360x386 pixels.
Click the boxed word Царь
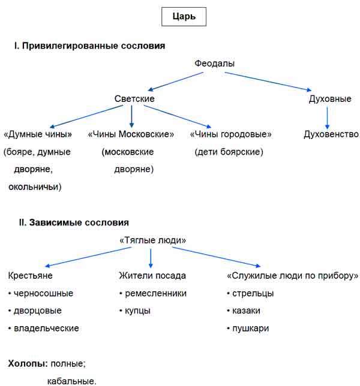coord(184,17)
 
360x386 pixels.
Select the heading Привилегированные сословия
coord(94,46)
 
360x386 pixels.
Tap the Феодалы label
coord(214,64)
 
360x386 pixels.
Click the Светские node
coord(134,99)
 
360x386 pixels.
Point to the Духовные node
coord(330,99)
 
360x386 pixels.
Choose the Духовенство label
coord(331,134)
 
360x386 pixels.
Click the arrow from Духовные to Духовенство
coord(327,117)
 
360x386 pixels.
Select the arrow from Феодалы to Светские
coord(176,82)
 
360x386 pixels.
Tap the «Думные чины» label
coord(38,134)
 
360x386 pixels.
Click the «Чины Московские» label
coord(131,134)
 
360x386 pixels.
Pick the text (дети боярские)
coord(229,152)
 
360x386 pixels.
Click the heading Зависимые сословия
coord(79,222)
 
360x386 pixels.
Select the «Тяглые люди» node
coord(152,240)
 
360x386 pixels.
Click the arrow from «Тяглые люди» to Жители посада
coord(151,258)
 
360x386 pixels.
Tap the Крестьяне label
coord(31,276)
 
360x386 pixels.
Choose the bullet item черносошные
coord(41,294)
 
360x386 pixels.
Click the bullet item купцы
coord(135,311)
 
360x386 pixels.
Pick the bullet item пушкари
coord(248,328)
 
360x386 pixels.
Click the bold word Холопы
coord(28,364)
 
